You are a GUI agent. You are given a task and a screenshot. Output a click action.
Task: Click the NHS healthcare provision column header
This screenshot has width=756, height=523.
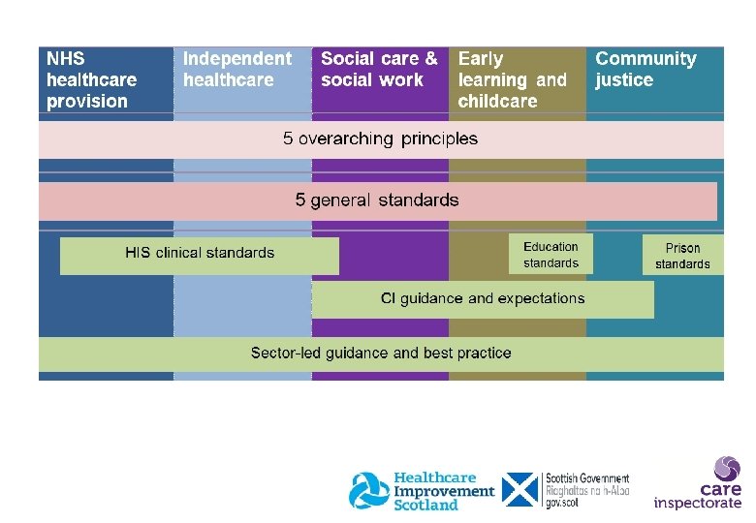point(91,80)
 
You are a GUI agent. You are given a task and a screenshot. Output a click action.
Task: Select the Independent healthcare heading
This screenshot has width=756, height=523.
point(236,70)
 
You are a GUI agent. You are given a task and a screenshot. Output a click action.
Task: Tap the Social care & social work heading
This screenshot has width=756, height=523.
point(379,70)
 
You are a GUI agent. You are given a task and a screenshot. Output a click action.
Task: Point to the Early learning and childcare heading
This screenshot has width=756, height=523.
point(512,80)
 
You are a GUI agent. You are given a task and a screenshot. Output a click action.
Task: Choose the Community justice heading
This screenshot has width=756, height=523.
point(646,70)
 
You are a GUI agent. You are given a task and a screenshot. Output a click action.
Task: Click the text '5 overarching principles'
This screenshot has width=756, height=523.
point(380,138)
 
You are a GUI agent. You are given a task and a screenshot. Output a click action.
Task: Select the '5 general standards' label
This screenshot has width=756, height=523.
point(377,200)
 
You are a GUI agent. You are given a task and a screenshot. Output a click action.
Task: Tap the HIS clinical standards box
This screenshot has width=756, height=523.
point(200,254)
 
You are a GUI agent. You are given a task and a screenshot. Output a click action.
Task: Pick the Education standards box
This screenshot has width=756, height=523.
point(551,255)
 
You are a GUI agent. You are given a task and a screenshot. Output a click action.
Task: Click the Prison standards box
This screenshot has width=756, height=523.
point(682,256)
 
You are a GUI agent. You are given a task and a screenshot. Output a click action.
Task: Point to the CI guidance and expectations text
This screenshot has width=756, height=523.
point(483,298)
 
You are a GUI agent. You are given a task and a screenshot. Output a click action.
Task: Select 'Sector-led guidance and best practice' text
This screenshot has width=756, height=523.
point(381,353)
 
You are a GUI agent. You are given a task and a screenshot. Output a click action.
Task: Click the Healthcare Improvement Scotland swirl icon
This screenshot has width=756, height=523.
point(369,491)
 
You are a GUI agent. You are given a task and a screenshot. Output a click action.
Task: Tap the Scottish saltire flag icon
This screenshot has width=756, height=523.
point(520,490)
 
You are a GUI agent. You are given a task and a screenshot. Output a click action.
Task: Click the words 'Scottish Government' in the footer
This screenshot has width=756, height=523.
point(587,478)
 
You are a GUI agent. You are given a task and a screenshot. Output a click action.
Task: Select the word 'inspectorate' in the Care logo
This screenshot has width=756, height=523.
point(697,503)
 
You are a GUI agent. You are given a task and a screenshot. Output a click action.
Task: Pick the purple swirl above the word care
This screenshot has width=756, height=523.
point(727,469)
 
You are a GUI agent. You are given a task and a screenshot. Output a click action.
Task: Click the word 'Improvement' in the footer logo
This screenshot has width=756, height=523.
point(443,491)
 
